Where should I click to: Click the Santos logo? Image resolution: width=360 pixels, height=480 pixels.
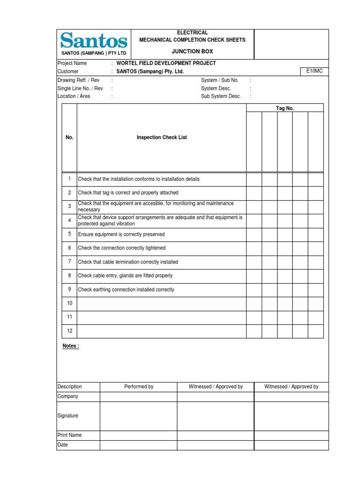pyautogui.click(x=92, y=40)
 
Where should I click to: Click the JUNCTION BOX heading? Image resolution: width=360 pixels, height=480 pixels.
pyautogui.click(x=192, y=51)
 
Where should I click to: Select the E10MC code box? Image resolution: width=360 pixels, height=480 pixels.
pyautogui.click(x=315, y=71)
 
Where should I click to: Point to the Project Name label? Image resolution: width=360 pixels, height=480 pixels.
pyautogui.click(x=72, y=63)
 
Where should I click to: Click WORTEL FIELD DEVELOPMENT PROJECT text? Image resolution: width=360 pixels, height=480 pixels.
pyautogui.click(x=166, y=63)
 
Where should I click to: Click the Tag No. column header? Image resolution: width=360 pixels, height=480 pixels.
pyautogui.click(x=285, y=108)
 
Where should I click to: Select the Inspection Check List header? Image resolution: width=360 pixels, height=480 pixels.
pyautogui.click(x=162, y=137)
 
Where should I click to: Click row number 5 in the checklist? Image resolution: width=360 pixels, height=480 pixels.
pyautogui.click(x=69, y=234)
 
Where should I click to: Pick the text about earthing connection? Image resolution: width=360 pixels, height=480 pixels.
pyautogui.click(x=126, y=290)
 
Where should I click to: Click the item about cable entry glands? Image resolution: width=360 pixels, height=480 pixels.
pyautogui.click(x=125, y=276)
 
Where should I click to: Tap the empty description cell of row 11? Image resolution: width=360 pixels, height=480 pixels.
pyautogui.click(x=161, y=317)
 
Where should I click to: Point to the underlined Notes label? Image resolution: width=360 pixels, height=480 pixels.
pyautogui.click(x=71, y=346)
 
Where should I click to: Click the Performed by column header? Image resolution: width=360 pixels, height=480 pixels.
pyautogui.click(x=138, y=387)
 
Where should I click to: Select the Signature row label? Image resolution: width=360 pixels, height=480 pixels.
pyautogui.click(x=68, y=416)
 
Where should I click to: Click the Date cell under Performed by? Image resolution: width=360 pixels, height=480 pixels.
pyautogui.click(x=138, y=445)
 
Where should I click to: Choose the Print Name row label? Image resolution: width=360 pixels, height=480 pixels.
pyautogui.click(x=69, y=435)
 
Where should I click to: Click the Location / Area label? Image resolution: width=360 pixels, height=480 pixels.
pyautogui.click(x=74, y=96)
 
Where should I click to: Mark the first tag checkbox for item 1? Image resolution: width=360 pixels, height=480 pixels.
pyautogui.click(x=254, y=179)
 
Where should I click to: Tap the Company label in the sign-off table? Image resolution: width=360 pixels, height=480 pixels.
pyautogui.click(x=68, y=397)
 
